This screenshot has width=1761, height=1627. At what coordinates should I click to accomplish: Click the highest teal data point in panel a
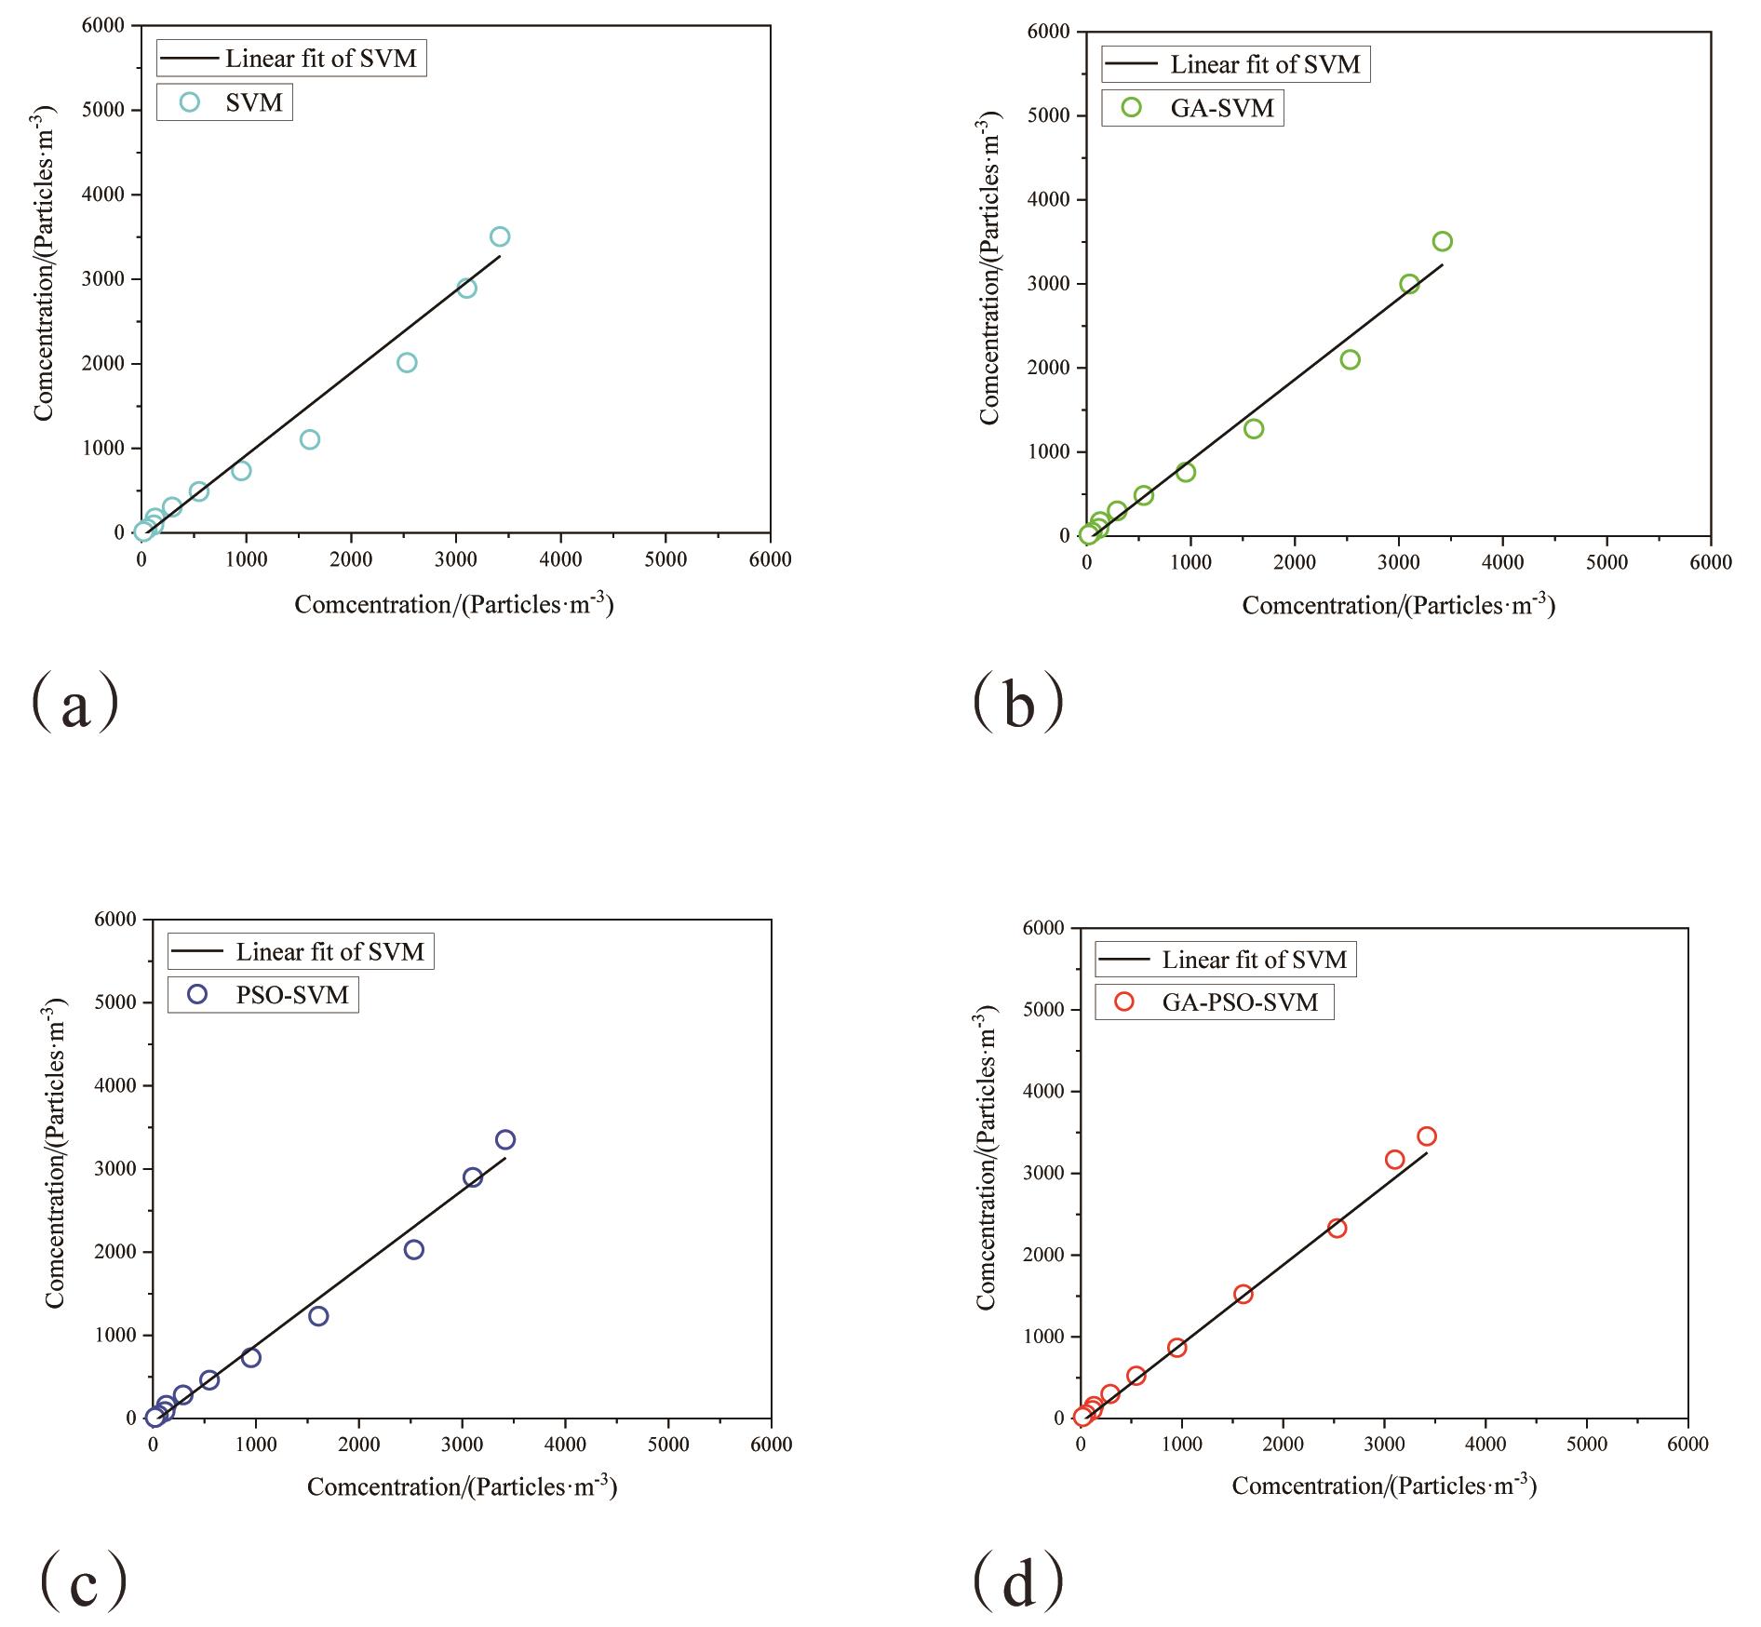[500, 236]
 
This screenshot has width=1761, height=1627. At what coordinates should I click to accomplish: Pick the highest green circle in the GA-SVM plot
[1442, 242]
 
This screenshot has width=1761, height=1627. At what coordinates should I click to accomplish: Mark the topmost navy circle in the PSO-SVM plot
[505, 1139]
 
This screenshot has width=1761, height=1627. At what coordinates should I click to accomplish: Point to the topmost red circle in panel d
[1426, 1136]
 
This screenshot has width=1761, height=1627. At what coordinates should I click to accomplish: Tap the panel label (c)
[84, 1581]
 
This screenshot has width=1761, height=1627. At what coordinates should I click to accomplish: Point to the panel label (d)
[1018, 1581]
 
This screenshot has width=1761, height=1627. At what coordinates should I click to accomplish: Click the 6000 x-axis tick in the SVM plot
[770, 559]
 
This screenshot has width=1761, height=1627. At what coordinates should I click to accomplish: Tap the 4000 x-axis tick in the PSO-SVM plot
[565, 1445]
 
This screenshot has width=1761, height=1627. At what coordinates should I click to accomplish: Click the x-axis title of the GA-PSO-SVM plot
[1384, 1486]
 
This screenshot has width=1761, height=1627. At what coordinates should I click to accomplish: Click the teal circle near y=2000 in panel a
[407, 363]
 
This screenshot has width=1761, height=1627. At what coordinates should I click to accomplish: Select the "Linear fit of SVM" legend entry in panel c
[301, 952]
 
